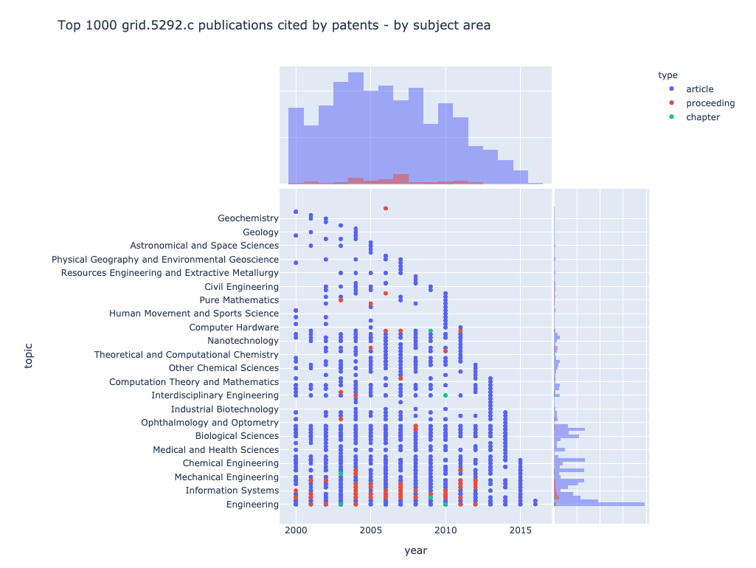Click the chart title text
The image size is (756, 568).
coord(274,26)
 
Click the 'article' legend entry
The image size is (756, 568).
coord(700,89)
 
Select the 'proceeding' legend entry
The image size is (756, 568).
coord(710,103)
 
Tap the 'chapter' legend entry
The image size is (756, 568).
coord(702,117)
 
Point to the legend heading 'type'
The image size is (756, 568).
coord(668,75)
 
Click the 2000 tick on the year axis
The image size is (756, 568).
coord(296,532)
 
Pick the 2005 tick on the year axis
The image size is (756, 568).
coord(371,532)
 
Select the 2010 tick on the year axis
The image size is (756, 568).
coord(445,532)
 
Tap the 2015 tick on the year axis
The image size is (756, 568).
coord(521,532)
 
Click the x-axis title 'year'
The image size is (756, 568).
coord(415,550)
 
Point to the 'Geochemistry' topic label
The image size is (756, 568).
coord(248,218)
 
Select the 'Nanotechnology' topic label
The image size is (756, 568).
coord(243,341)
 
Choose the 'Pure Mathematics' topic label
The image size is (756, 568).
coord(239,300)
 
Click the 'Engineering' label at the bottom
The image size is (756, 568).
coord(252,505)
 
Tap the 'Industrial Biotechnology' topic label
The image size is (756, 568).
coord(224,409)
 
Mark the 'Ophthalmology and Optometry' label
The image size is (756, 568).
coord(209,423)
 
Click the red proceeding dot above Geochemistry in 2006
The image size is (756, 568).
coord(386,209)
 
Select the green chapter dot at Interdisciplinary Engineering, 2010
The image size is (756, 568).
coord(445,396)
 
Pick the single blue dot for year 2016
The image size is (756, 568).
coord(535,501)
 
